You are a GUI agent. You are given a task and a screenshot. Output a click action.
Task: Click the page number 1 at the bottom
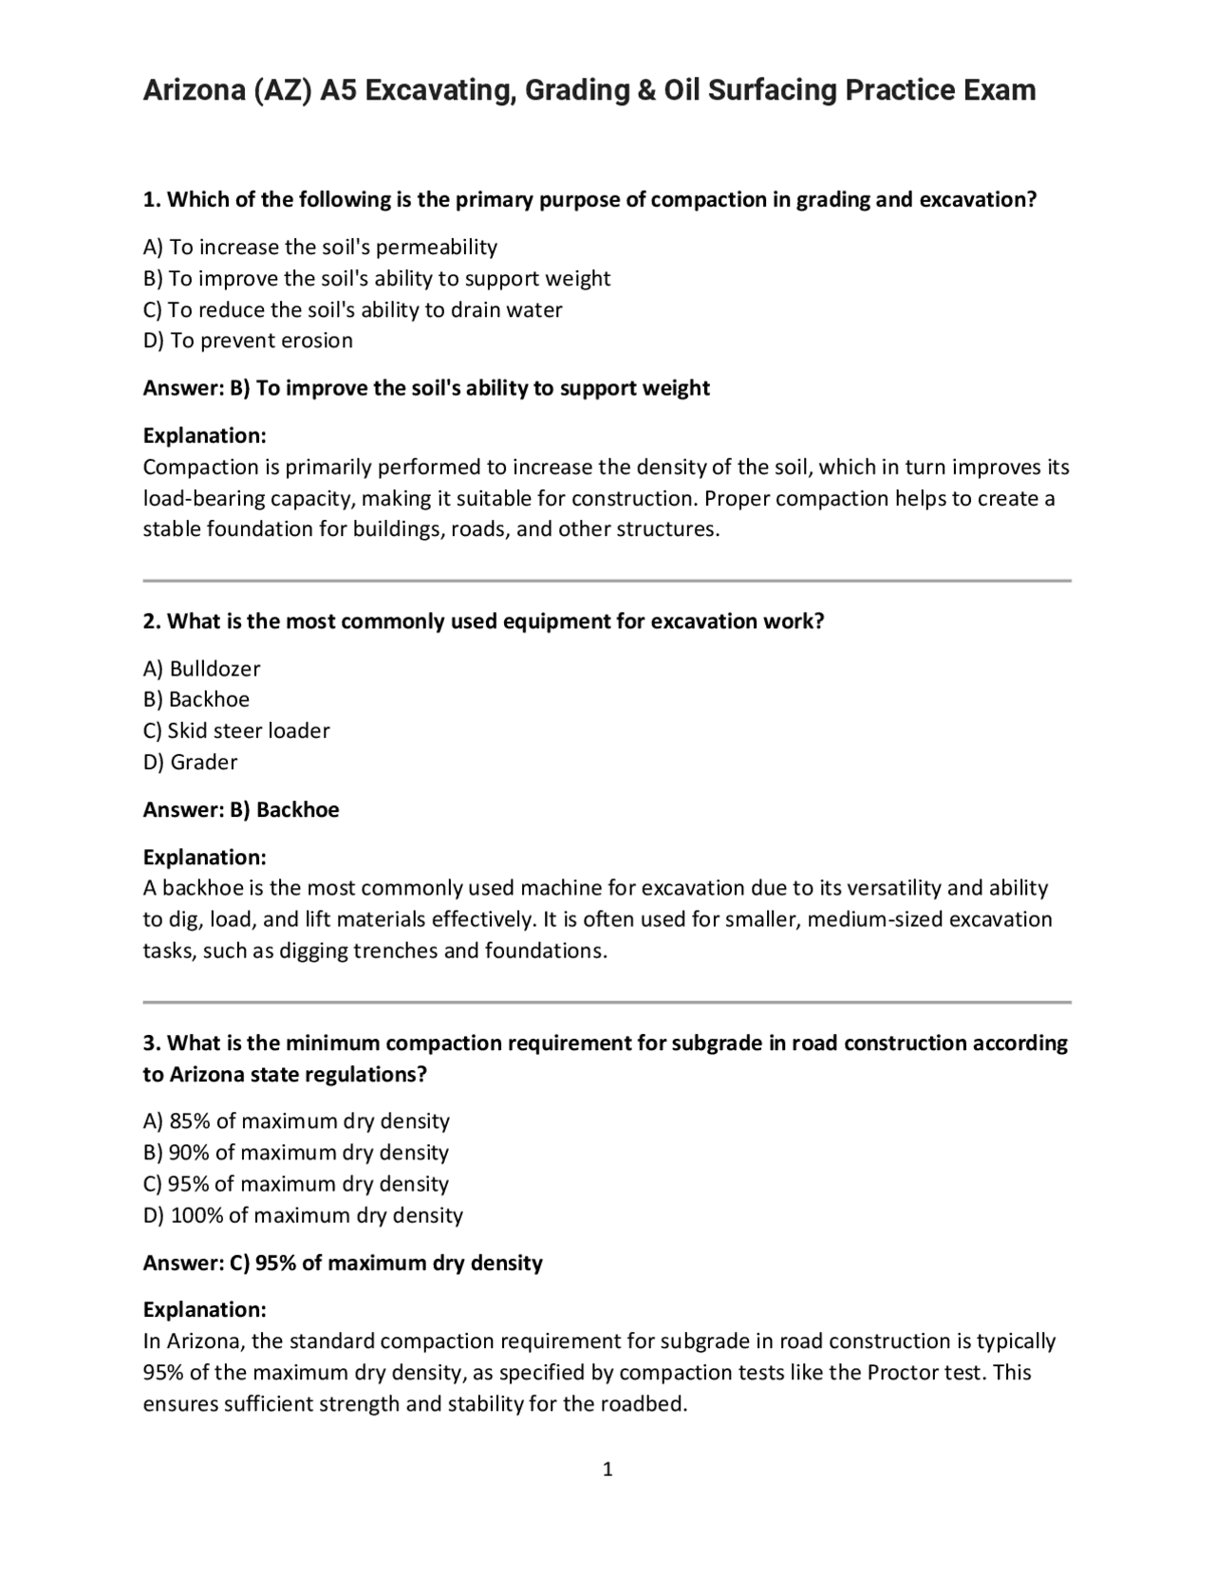coord(607,1469)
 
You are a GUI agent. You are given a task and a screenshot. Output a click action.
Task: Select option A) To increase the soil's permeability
coord(320,248)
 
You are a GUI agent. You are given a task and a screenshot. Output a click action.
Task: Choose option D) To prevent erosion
coord(248,341)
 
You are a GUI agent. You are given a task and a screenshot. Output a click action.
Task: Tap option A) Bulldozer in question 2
coord(201,669)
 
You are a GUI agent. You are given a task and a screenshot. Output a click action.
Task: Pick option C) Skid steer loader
coord(236,731)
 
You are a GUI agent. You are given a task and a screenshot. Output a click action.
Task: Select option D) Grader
coord(190,763)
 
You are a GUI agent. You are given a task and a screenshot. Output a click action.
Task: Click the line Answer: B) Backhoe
coord(240,810)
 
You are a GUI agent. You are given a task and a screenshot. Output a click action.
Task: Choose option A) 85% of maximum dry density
coord(296,1121)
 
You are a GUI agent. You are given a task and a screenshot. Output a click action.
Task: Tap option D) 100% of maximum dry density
coord(303,1215)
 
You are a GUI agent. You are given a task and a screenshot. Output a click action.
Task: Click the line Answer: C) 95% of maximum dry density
coord(343,1264)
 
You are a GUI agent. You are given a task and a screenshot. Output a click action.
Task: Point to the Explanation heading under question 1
coord(204,436)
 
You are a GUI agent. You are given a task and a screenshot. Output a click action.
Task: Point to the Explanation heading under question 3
coord(204,1310)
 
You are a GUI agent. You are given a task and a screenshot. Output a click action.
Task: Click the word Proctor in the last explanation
coord(902,1373)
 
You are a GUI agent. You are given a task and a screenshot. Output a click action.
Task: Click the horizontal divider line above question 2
coord(607,581)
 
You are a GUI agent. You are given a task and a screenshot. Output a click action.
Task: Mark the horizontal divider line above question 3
coord(607,1002)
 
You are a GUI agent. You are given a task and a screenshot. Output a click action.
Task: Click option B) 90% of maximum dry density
coord(295,1153)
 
